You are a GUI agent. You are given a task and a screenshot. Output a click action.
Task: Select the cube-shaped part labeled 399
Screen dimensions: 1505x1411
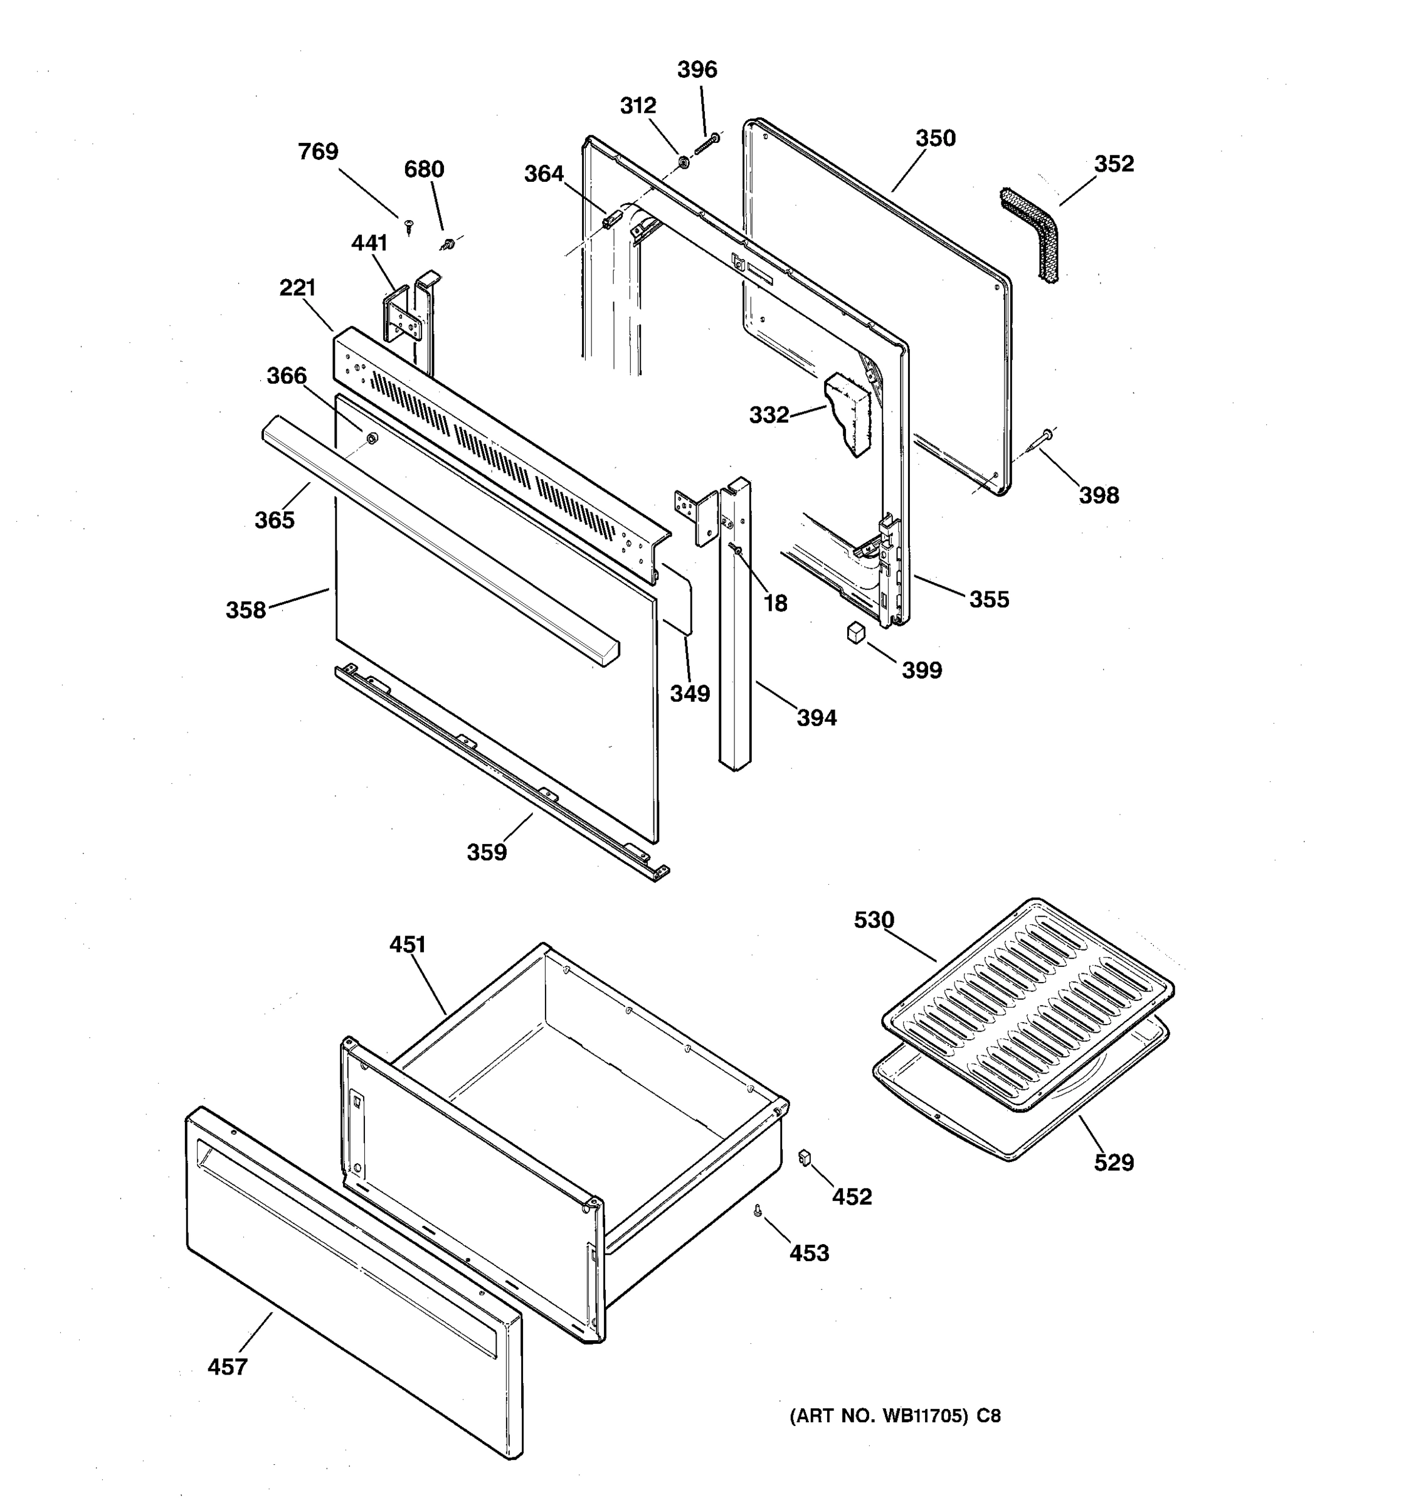[855, 632]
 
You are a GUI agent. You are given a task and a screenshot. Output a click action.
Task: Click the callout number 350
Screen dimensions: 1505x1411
[936, 139]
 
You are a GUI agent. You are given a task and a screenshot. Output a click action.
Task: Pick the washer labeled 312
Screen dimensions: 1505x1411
[682, 161]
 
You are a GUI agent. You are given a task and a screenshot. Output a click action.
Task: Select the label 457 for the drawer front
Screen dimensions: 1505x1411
[227, 1367]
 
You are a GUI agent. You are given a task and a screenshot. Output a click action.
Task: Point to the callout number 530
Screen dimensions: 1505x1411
[874, 920]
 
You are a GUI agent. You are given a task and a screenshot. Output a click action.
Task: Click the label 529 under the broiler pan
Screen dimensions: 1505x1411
[1114, 1162]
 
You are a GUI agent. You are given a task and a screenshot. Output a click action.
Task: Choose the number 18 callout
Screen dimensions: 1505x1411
[775, 603]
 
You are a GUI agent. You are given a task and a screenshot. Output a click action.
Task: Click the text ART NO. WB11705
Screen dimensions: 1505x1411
[878, 1416]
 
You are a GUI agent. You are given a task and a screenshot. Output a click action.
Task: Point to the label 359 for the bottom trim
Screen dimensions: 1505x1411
[486, 852]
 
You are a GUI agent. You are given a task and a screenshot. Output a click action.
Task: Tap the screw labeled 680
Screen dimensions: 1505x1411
[448, 244]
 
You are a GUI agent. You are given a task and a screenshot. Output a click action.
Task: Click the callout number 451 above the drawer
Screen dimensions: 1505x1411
[408, 945]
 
